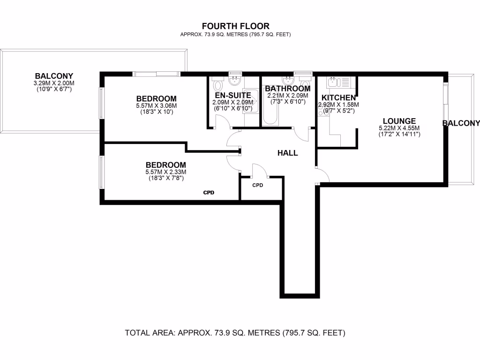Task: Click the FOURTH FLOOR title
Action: [235, 26]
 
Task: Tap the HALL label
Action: [287, 153]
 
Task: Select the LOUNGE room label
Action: [399, 121]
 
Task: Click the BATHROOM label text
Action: [287, 89]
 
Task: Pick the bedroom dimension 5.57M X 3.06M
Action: [156, 106]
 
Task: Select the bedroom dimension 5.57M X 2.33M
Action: [165, 172]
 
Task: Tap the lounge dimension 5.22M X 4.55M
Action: [399, 128]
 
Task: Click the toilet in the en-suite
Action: [218, 85]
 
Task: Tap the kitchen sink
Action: [332, 82]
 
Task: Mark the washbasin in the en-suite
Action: [235, 82]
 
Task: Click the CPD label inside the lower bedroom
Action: [209, 192]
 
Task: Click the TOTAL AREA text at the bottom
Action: [235, 333]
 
